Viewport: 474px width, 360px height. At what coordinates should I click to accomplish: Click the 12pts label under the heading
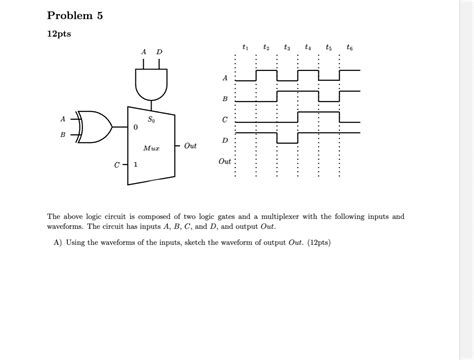click(48, 34)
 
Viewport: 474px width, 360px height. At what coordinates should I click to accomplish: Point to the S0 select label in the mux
click(153, 119)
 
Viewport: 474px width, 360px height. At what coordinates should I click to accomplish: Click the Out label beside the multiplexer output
click(190, 146)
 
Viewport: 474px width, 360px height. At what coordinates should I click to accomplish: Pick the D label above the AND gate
click(160, 52)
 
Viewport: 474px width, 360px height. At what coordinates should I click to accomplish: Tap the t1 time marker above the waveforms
click(245, 47)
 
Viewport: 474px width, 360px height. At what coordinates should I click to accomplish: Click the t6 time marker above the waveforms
click(348, 47)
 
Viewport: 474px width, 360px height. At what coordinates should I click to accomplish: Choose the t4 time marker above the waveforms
click(307, 47)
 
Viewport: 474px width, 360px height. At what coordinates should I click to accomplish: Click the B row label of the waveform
click(224, 98)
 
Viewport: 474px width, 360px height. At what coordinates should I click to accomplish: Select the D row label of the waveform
click(224, 140)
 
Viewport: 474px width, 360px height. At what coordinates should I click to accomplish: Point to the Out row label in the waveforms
click(225, 160)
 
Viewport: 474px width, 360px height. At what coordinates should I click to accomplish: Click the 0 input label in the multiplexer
click(137, 127)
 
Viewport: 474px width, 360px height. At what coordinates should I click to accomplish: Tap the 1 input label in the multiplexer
click(137, 162)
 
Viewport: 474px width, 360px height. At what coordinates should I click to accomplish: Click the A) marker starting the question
click(60, 242)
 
